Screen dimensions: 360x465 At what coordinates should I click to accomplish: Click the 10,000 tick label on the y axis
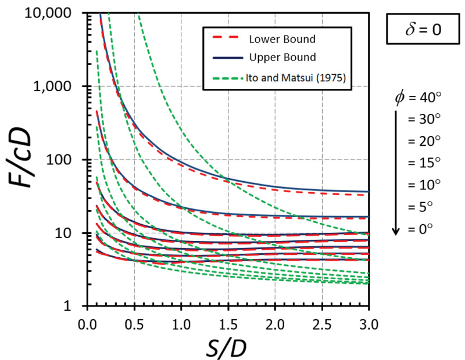[56, 13]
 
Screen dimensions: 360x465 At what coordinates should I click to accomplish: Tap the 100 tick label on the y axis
[67, 160]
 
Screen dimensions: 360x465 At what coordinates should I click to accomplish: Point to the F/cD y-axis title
[22, 160]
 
